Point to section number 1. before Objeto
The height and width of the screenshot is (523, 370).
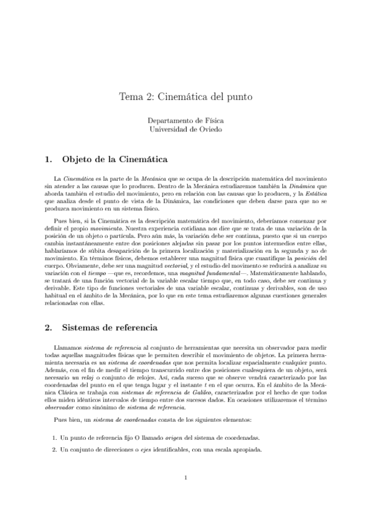[x=49, y=159]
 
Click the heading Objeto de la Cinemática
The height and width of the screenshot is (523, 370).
[x=116, y=159]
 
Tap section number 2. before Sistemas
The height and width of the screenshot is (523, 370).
[x=49, y=326]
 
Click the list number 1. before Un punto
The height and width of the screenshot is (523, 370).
[x=54, y=421]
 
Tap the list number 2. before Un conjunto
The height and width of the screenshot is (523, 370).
[x=54, y=432]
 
